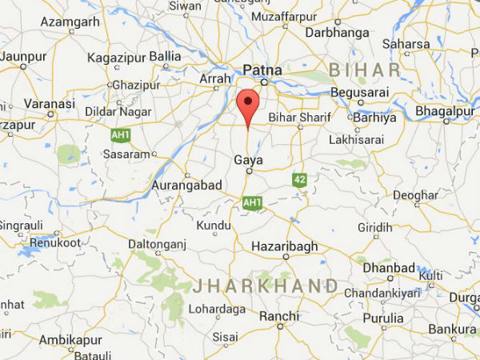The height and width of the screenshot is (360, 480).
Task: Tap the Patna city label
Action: (x=263, y=70)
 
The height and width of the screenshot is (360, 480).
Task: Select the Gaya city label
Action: (x=248, y=160)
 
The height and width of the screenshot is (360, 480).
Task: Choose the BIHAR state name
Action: (x=365, y=70)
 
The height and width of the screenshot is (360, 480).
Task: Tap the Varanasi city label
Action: (x=50, y=104)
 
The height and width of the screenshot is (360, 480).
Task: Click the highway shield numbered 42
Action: (x=300, y=179)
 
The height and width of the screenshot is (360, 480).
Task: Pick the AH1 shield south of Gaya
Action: (x=252, y=203)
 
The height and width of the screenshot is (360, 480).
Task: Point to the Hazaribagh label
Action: (x=286, y=246)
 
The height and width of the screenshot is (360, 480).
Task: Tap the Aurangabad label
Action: (x=186, y=185)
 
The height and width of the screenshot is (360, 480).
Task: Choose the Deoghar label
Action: (x=415, y=194)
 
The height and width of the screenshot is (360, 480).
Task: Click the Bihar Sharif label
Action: (x=294, y=118)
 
